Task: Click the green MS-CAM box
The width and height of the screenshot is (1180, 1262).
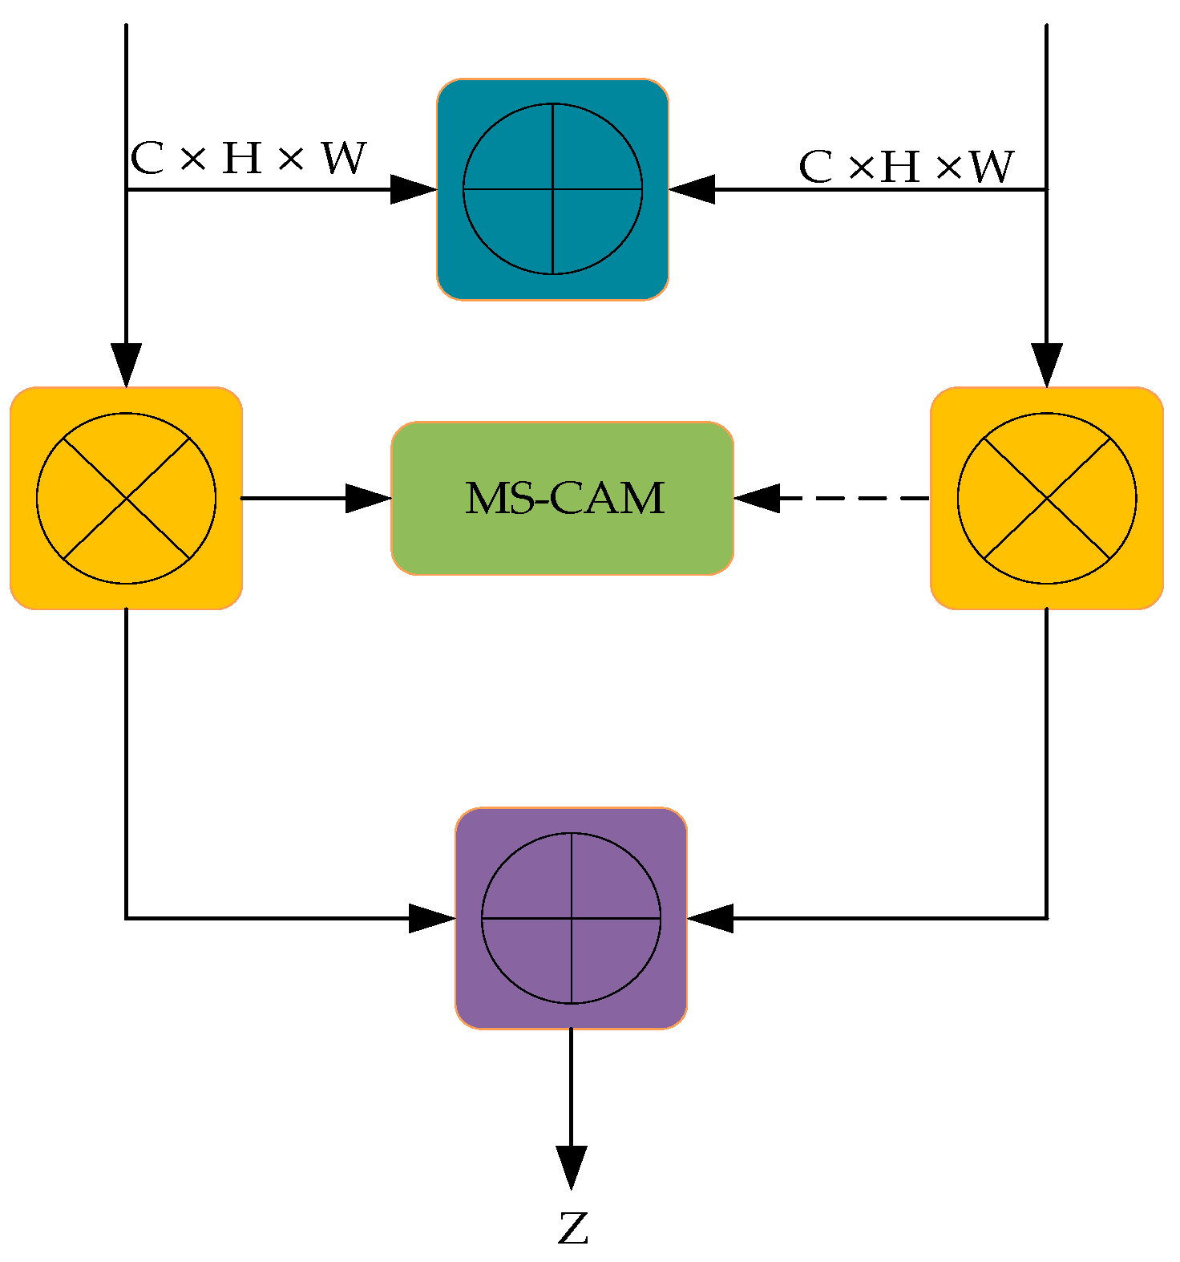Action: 563,498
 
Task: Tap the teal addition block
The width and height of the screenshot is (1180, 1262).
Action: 552,189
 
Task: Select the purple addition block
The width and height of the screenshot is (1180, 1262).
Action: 571,918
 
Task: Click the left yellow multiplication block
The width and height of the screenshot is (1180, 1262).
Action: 126,498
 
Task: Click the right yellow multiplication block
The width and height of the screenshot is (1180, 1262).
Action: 1046,498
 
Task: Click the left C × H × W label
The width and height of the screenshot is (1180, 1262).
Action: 248,158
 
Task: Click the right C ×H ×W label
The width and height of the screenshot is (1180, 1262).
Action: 906,167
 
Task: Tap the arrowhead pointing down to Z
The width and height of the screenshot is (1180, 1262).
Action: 571,1167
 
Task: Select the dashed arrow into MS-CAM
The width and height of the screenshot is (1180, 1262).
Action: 850,498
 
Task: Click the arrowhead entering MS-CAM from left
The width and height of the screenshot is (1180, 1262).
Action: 369,498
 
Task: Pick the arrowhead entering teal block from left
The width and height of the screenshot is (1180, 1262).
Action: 413,189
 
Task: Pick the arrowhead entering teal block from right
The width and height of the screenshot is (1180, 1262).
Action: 692,189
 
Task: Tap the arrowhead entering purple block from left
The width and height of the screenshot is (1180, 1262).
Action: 431,918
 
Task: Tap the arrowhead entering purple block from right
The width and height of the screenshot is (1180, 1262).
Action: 710,918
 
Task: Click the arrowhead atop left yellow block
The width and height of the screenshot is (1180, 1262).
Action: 126,365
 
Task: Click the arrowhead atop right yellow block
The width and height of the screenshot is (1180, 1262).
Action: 1046,365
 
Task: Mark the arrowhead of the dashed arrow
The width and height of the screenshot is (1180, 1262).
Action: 756,498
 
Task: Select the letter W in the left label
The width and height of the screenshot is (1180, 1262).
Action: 344,158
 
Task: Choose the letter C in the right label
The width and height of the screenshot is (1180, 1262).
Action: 815,168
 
